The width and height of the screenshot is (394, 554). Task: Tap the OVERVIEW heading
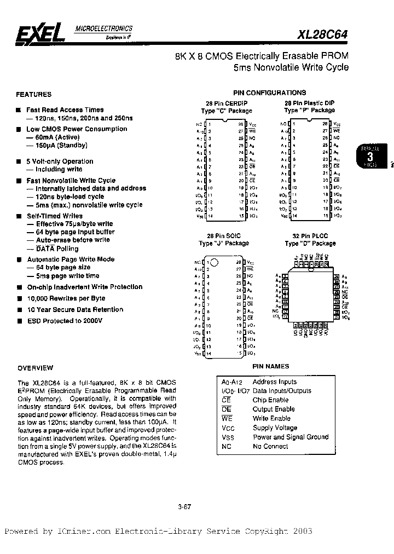[36, 368]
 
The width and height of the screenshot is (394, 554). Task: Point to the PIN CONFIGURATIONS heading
[269, 93]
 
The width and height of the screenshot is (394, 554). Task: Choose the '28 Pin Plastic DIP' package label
[309, 103]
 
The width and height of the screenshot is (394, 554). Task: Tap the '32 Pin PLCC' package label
[310, 236]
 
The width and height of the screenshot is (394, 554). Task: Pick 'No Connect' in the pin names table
[270, 447]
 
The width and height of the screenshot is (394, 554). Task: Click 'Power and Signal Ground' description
[291, 437]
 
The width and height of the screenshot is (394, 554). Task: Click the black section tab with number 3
[369, 156]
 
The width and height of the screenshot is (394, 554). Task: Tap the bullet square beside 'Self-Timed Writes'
[19, 216]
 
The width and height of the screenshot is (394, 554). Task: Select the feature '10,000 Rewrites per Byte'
[66, 298]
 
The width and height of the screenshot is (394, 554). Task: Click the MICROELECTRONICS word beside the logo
[103, 28]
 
